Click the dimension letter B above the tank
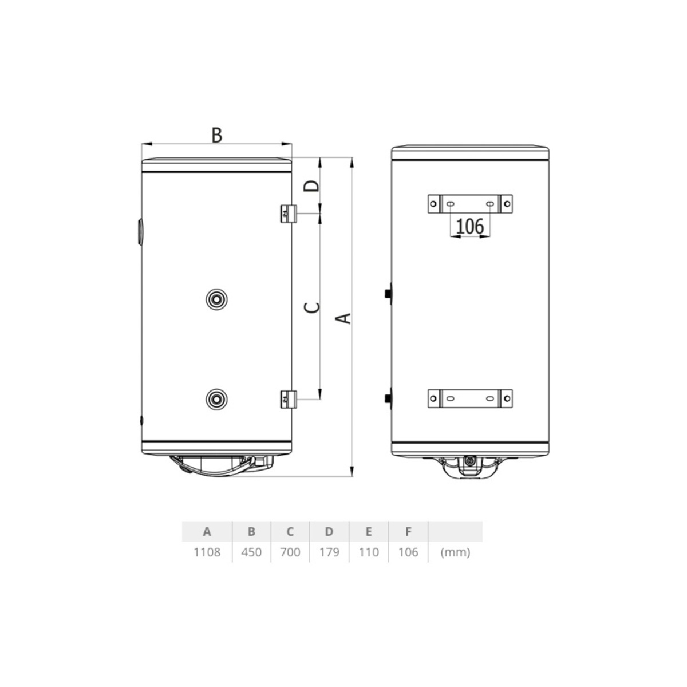217,135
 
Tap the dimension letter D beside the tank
311,185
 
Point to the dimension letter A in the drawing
343,318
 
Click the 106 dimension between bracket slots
470,226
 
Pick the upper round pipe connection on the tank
216,299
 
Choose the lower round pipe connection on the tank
216,399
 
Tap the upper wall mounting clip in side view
289,214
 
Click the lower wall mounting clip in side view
289,399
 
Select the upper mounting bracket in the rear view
470,204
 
